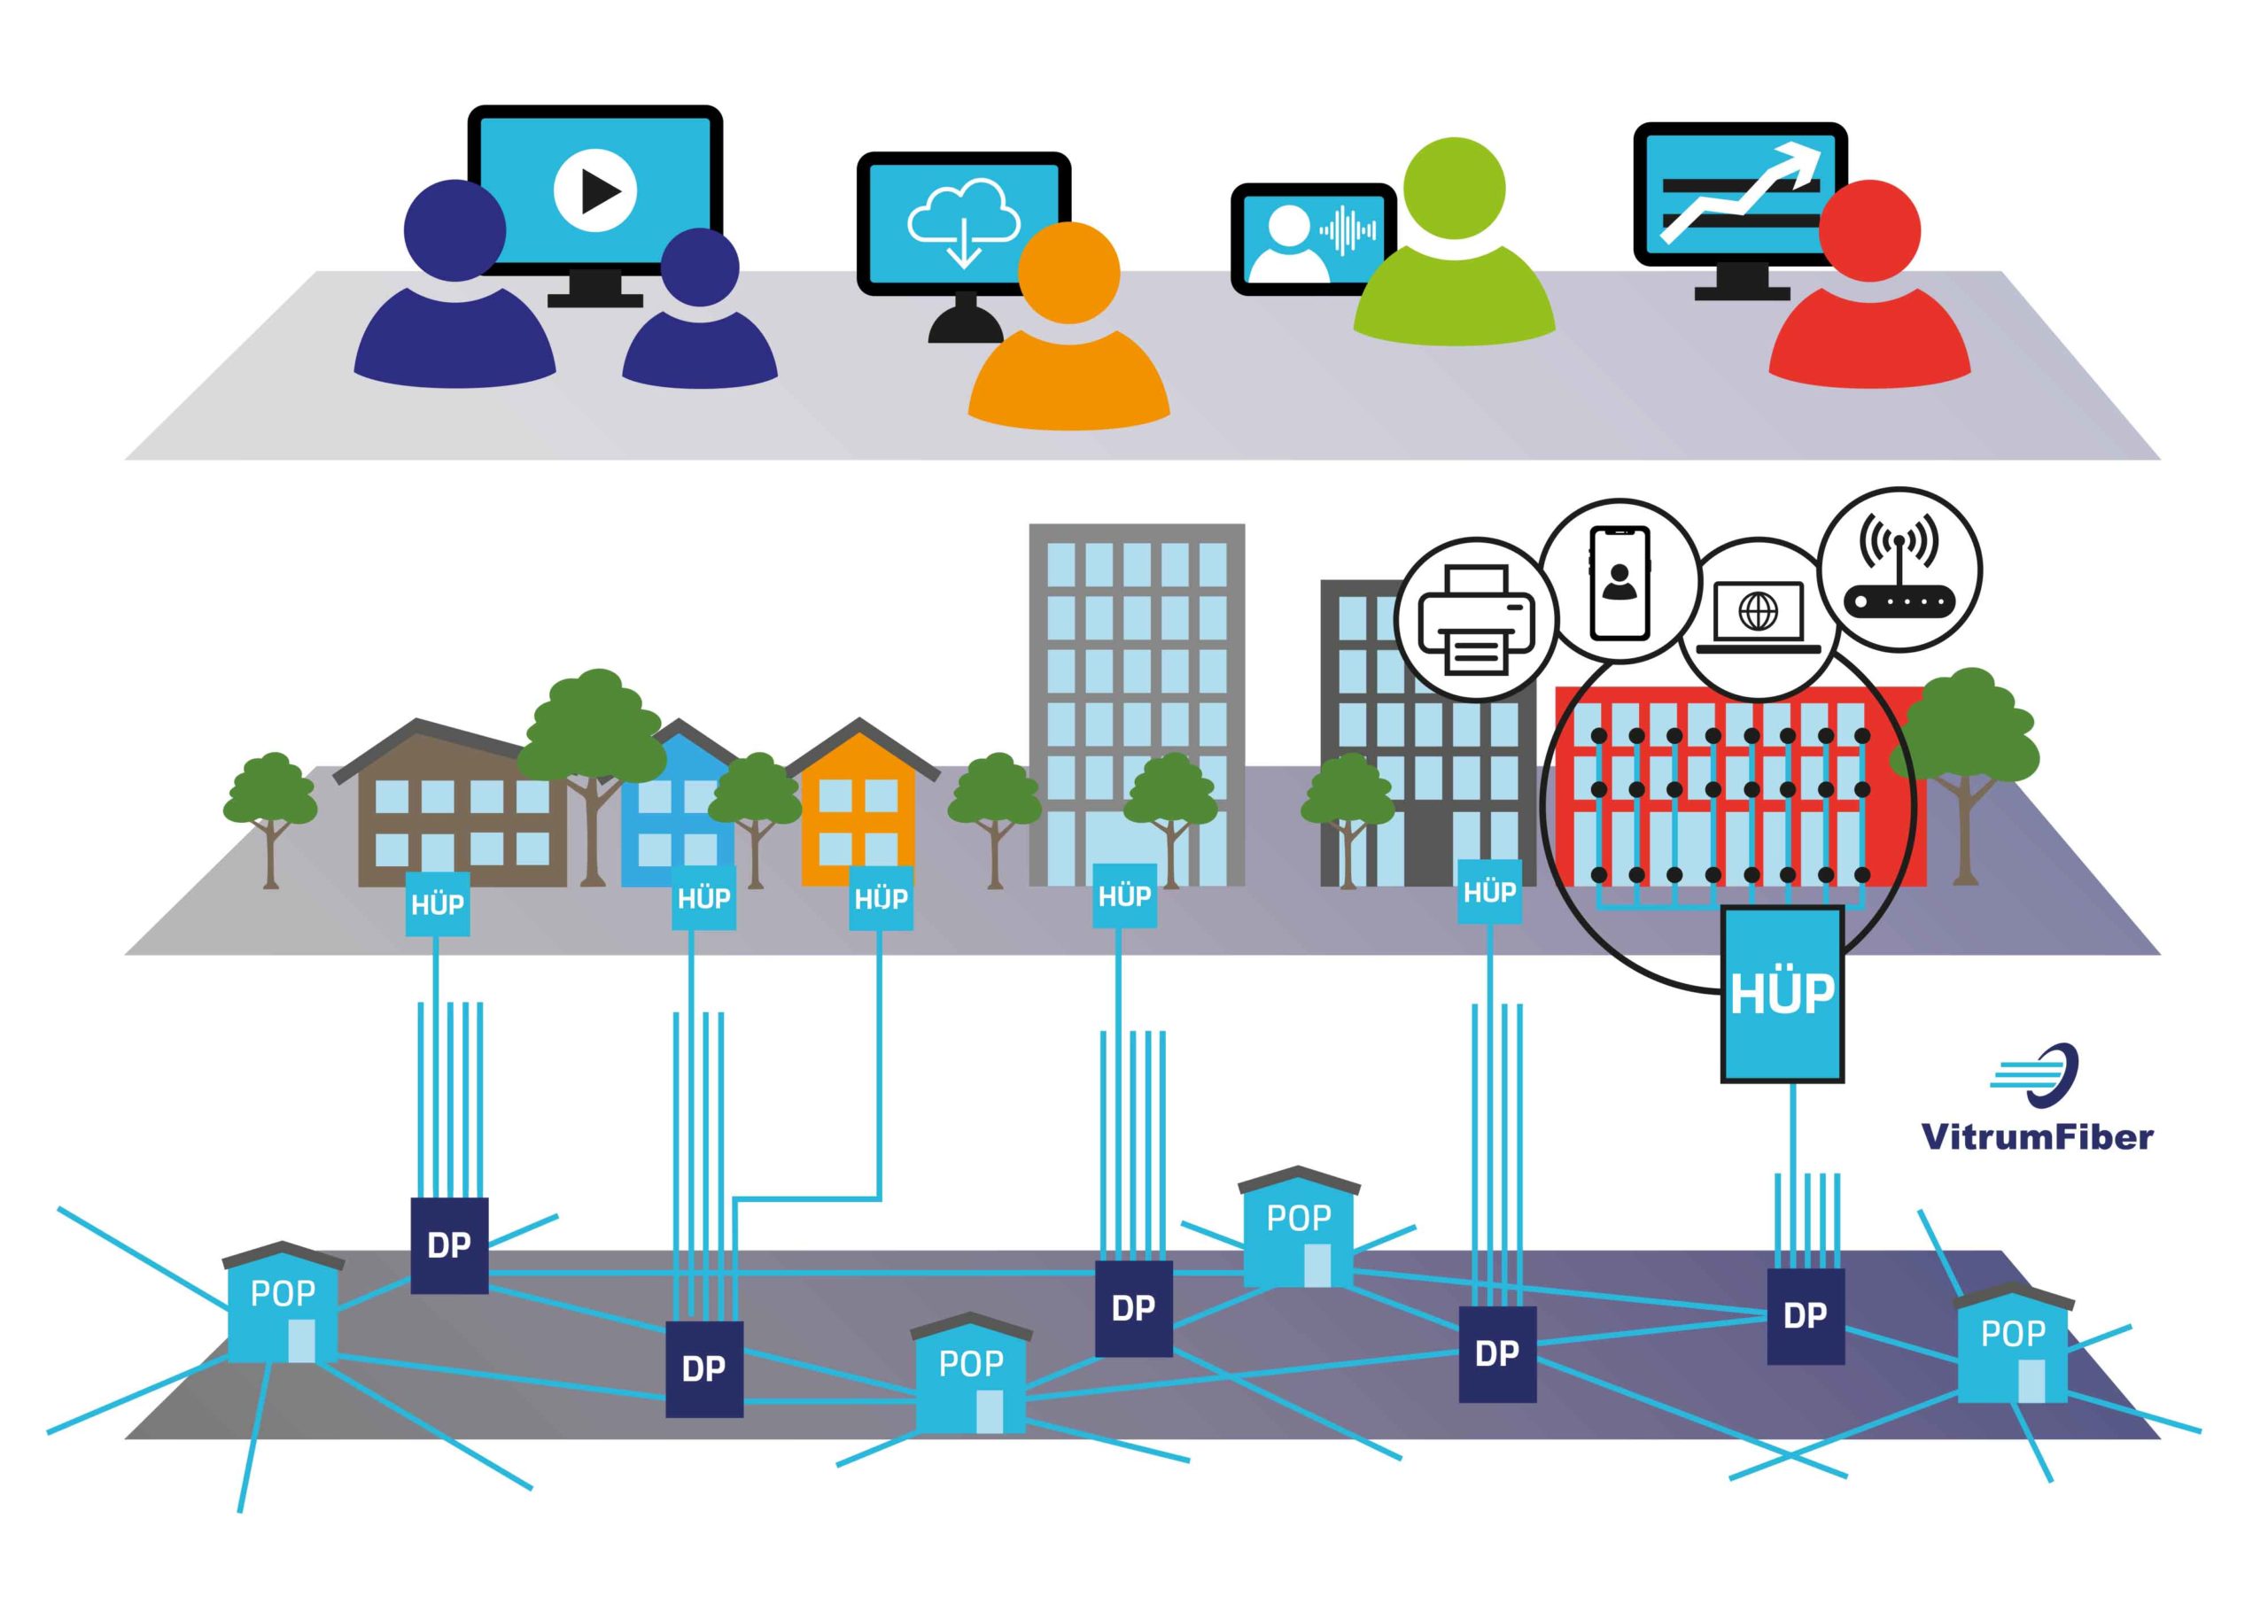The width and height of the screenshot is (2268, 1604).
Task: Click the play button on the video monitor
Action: pos(594,190)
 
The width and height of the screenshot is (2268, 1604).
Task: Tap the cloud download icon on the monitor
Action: pos(963,221)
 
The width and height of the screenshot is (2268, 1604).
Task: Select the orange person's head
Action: pos(1068,272)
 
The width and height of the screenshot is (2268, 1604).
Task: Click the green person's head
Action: pos(1453,188)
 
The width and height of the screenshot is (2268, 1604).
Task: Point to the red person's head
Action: pos(1869,230)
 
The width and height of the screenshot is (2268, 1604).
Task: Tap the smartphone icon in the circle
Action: pos(1619,583)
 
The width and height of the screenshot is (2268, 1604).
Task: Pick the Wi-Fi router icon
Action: pos(1899,570)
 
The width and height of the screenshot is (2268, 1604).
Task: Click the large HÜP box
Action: pos(1782,995)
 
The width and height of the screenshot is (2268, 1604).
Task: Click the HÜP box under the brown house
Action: pos(438,903)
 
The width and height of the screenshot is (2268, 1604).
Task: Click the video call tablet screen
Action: pos(1312,239)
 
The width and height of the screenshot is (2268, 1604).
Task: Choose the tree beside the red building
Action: pos(1965,761)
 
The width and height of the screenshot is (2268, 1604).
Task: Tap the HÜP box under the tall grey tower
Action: pos(1124,895)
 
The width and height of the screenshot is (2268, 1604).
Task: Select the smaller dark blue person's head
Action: pos(699,267)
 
